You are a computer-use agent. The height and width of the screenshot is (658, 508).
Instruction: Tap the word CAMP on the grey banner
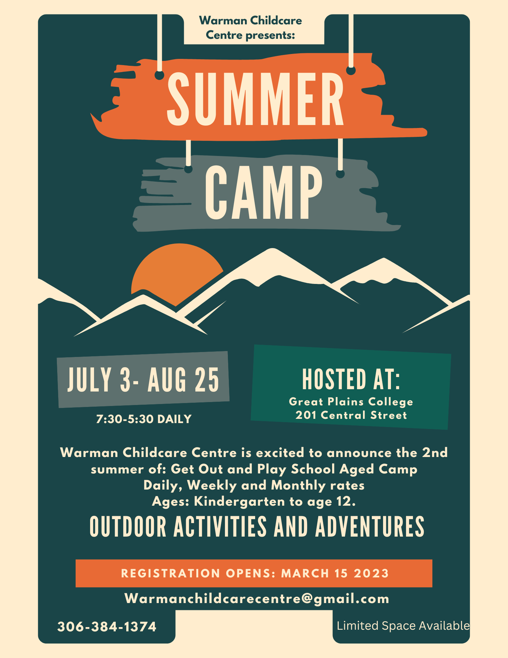click(x=263, y=192)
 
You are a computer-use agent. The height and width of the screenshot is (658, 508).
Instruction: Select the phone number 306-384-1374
click(x=107, y=627)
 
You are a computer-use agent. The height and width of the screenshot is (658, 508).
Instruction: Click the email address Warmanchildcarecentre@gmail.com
click(x=257, y=599)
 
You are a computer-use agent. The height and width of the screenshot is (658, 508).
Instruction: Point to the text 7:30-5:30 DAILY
click(x=144, y=419)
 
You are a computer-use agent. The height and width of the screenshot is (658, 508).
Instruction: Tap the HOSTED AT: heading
click(x=351, y=379)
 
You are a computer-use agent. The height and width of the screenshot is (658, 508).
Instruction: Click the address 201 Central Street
click(x=351, y=415)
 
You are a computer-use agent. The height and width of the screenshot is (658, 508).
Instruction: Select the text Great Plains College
click(x=351, y=402)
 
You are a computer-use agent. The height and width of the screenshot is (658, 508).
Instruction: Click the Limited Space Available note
click(x=403, y=626)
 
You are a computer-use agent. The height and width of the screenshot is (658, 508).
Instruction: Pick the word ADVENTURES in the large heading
click(x=370, y=527)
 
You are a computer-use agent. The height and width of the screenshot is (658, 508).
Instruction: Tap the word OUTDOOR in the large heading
click(x=128, y=527)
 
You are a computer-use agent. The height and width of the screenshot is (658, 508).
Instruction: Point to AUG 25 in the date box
click(x=183, y=380)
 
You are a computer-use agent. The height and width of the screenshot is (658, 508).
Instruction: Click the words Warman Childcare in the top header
click(x=251, y=21)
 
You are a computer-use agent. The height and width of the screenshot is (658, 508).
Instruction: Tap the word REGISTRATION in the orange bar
click(x=171, y=573)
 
